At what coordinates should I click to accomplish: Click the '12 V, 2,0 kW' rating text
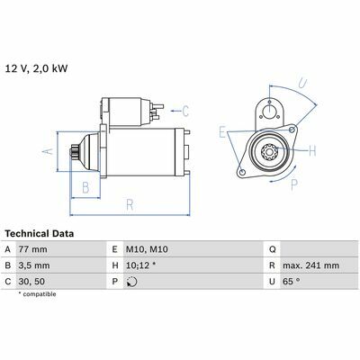37,68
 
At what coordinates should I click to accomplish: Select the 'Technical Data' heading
40,233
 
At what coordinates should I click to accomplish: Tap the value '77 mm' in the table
32,249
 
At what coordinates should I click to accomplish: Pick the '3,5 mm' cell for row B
34,265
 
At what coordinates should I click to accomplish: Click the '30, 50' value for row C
31,282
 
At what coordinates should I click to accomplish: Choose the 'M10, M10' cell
147,249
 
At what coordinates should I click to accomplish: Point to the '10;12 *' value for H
140,265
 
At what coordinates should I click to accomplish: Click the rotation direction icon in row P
131,282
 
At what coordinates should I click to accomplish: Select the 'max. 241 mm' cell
310,265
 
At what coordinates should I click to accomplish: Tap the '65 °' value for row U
292,282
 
